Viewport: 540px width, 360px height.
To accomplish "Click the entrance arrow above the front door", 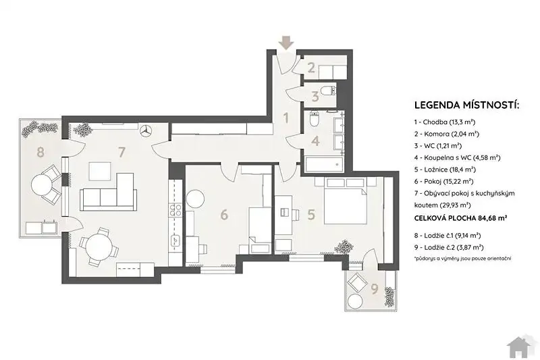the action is pos(286,43).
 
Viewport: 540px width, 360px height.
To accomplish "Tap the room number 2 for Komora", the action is pos(311,68).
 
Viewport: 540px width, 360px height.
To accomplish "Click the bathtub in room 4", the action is pos(324,164).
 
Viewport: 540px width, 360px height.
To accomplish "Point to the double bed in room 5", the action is pos(345,201).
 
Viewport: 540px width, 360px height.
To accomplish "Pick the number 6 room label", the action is pos(224,214).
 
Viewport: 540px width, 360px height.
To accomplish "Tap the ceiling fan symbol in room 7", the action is pos(146,131).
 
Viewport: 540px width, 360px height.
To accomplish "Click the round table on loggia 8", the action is pos(42,185).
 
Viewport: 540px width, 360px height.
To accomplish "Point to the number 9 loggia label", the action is pos(375,288).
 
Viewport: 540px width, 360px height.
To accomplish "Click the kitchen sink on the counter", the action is pos(176,239).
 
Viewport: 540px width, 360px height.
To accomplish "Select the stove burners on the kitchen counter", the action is pos(175,210).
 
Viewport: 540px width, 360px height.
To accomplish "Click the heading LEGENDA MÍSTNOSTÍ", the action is pos(466,105).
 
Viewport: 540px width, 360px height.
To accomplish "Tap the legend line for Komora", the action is pos(447,134).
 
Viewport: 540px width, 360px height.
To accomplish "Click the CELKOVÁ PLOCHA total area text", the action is pos(461,218).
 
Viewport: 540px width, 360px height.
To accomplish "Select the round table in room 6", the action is pos(195,199).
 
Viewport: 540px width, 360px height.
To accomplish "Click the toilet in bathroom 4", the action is pos(315,119).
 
